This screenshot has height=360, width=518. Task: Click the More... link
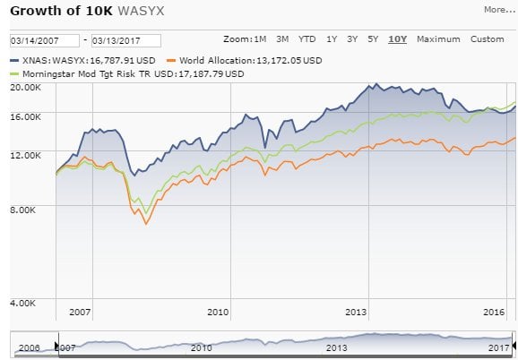[x=499, y=11]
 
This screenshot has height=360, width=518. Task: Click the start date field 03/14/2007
[x=42, y=40]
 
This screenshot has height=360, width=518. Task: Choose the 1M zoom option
[x=260, y=39]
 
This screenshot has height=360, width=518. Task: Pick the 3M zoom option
[x=282, y=39]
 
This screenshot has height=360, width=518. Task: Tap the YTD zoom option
[x=306, y=39]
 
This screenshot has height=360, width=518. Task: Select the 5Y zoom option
[x=373, y=39]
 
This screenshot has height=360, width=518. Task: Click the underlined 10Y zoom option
[x=396, y=39]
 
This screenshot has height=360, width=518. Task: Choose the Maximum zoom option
[x=437, y=39]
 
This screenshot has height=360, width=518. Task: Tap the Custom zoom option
[x=488, y=39]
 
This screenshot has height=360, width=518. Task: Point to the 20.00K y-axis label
[x=25, y=88]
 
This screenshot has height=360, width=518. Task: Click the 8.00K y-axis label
[x=28, y=210]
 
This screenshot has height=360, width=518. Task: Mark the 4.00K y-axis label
[x=28, y=303]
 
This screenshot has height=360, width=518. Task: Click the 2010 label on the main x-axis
[x=219, y=312]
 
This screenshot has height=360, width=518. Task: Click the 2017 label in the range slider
[x=498, y=347]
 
